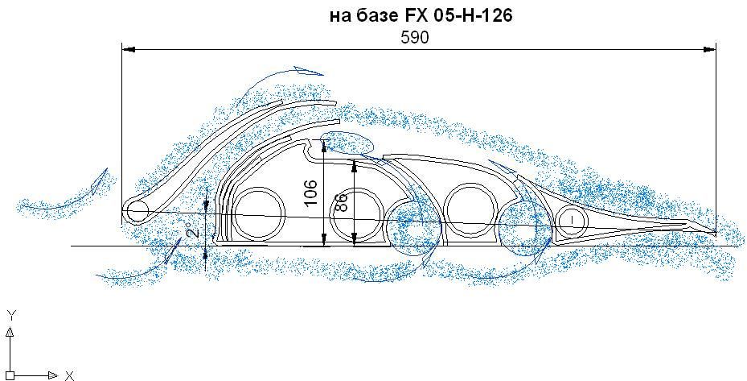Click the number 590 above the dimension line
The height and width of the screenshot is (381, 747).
[414, 38]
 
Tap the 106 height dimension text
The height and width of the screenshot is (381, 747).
[310, 193]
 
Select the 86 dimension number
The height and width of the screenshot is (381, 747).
[341, 201]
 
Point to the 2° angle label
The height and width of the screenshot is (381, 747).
[191, 230]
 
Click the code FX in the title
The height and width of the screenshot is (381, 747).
[417, 16]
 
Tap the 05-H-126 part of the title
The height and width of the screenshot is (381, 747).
[473, 16]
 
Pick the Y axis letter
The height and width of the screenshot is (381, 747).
[12, 314]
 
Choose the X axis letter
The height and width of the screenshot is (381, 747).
[70, 375]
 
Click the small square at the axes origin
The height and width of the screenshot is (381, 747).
[10, 375]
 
